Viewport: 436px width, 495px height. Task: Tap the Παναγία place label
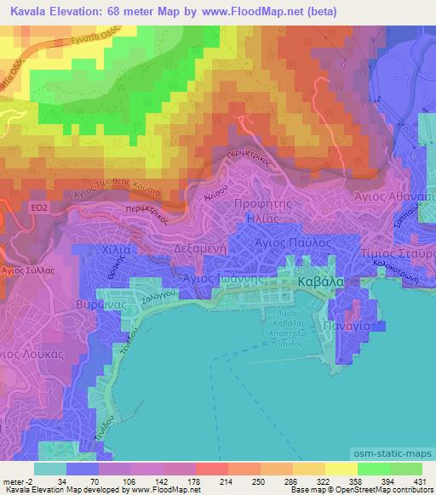pos(345,325)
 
